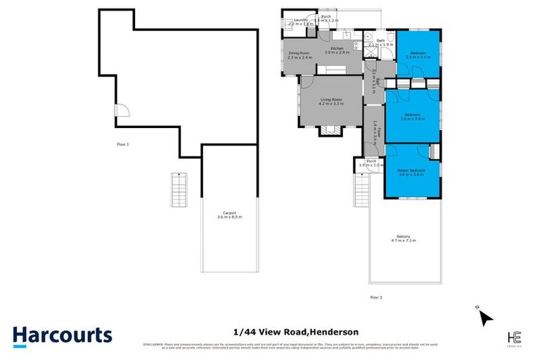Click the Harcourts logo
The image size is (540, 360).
(63, 335)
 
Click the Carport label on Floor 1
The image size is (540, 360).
(230, 214)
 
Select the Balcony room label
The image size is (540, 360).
(404, 238)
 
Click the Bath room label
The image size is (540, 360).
(380, 41)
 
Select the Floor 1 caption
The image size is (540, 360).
(123, 144)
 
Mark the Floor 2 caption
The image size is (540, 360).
(376, 297)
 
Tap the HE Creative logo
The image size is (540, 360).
(514, 336)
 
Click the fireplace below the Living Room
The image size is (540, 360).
(328, 130)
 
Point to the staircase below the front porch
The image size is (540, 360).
(362, 188)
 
